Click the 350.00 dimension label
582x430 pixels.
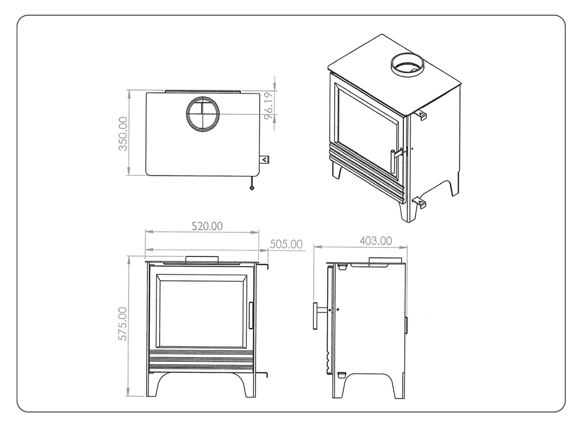(x=123, y=133)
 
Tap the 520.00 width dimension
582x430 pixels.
(x=207, y=226)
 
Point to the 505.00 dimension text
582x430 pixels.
(x=286, y=244)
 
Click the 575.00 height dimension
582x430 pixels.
(x=123, y=324)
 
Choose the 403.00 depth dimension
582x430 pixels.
(x=375, y=241)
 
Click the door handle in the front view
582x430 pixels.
(x=251, y=315)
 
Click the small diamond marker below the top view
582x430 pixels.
(x=252, y=188)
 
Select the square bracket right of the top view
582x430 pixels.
(x=264, y=159)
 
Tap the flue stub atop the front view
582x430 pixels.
(x=202, y=259)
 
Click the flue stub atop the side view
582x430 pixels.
(x=385, y=260)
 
